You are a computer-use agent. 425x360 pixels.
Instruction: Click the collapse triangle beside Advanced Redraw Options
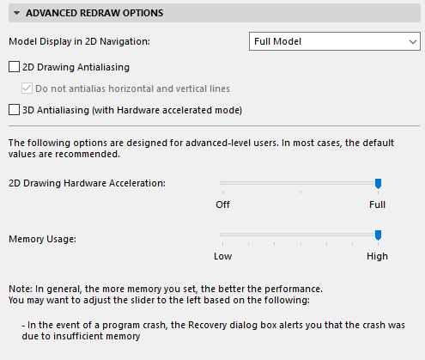(x=16, y=13)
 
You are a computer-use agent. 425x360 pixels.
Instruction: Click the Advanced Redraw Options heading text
(x=94, y=13)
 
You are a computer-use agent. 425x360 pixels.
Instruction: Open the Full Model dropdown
(x=335, y=41)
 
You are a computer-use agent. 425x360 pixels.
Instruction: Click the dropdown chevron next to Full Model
(x=413, y=42)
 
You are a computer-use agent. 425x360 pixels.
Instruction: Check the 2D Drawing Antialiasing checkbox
(x=14, y=67)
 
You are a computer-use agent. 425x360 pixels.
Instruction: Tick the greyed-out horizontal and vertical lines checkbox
(x=27, y=88)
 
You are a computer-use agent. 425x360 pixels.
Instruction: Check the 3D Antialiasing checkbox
(x=14, y=110)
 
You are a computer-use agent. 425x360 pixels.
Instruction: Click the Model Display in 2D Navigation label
(x=79, y=41)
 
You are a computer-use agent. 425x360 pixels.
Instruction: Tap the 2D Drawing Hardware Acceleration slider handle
(x=378, y=184)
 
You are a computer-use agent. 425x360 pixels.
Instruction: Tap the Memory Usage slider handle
(x=378, y=235)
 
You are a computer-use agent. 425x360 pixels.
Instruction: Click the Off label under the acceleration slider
(x=222, y=204)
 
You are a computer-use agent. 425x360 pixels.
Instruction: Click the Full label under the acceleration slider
(x=377, y=204)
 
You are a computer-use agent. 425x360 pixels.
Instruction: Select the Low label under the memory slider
(x=222, y=256)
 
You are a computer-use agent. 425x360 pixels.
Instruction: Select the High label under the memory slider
(x=377, y=256)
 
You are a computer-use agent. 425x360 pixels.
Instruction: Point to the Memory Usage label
(x=42, y=239)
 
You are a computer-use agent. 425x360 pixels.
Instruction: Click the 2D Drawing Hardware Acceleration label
(x=87, y=183)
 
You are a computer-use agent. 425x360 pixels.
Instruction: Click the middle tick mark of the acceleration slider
(x=301, y=192)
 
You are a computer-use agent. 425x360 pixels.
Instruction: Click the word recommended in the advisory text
(x=88, y=154)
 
